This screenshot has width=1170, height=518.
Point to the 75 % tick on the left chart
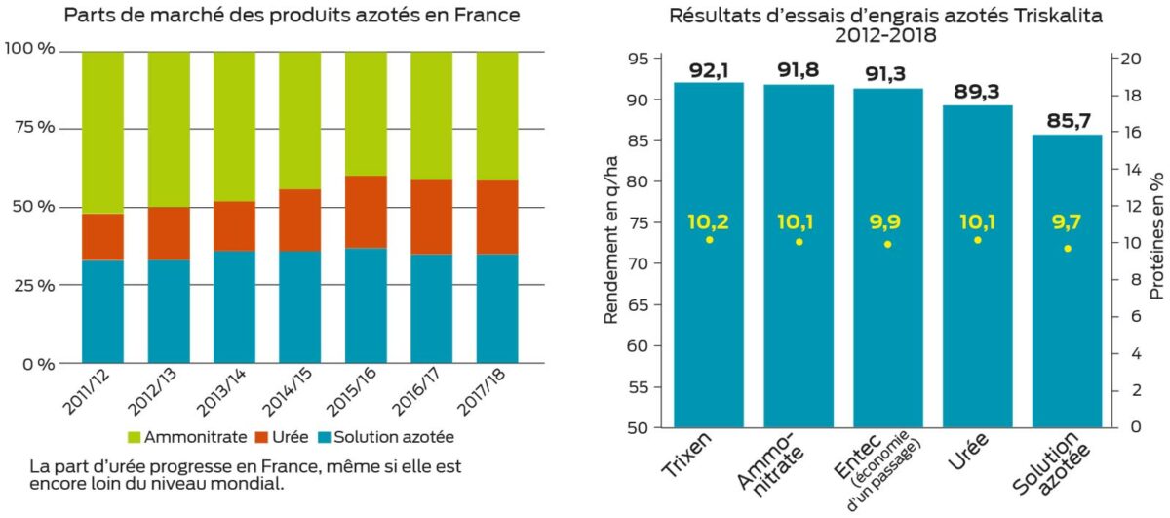(x=32, y=129)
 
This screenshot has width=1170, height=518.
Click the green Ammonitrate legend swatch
(x=135, y=438)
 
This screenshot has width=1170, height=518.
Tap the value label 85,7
(x=1067, y=121)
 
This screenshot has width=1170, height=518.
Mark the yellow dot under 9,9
(x=887, y=244)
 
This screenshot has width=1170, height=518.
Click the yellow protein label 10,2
(x=708, y=221)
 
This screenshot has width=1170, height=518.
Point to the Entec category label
(x=871, y=458)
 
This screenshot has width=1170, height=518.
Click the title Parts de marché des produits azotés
(x=290, y=17)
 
